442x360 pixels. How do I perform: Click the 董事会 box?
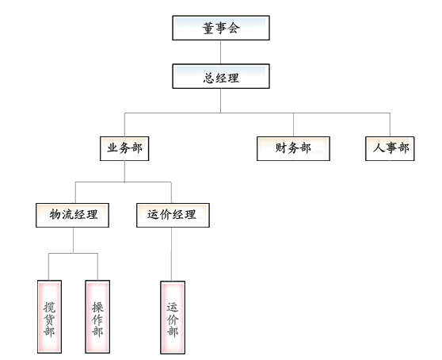221,28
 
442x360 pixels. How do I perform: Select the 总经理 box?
221,76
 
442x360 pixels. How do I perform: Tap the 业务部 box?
124,149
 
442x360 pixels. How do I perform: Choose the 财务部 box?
293,149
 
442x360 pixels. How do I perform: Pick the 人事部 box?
390,149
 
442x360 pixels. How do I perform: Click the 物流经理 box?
72,215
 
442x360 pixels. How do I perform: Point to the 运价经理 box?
173,215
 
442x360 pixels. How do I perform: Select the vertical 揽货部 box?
49,316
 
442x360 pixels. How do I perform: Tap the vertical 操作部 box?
97,316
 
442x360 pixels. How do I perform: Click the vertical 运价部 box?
173,317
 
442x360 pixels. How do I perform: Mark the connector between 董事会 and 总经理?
220,52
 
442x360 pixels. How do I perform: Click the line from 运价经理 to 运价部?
171,255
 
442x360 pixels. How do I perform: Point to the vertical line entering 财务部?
293,125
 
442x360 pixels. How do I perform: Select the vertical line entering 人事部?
390,125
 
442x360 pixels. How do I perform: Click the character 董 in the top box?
208,29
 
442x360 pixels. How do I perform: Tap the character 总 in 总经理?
209,78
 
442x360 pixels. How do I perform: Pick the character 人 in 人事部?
379,147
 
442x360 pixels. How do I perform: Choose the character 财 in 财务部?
280,147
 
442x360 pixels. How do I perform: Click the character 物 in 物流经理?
55,214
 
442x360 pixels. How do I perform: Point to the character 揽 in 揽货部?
49,307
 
